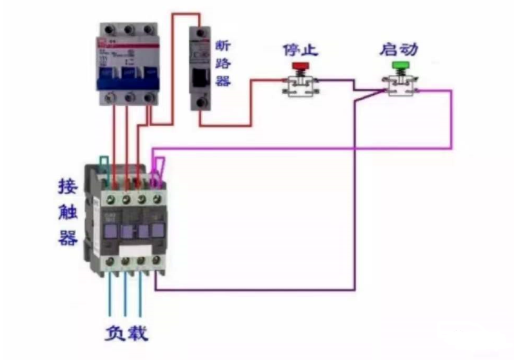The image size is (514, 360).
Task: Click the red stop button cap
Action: click(x=300, y=66)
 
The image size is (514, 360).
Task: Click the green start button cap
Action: click(x=400, y=65)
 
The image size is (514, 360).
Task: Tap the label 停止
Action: click(x=300, y=50)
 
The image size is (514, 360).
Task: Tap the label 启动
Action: click(x=400, y=49)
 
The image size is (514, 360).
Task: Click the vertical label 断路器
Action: click(x=222, y=63)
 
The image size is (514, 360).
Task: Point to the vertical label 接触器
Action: click(x=68, y=213)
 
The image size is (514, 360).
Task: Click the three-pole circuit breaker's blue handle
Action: click(x=128, y=77)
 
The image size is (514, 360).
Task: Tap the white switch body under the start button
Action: click(x=400, y=85)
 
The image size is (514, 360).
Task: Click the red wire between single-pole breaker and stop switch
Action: click(x=251, y=103)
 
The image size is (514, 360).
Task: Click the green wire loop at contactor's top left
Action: click(x=102, y=163)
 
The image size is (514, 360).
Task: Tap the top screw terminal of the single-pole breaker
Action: click(x=200, y=32)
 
